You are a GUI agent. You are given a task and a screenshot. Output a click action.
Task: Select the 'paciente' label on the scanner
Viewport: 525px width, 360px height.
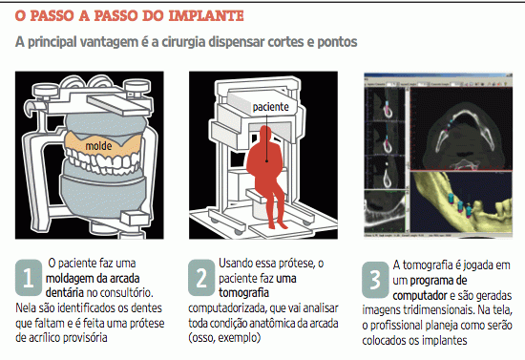[270, 108]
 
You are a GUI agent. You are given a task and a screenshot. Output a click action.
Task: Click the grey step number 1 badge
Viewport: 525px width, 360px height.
[27, 276]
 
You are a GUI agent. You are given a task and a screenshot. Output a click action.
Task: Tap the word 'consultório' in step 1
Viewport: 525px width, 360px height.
[120, 291]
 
